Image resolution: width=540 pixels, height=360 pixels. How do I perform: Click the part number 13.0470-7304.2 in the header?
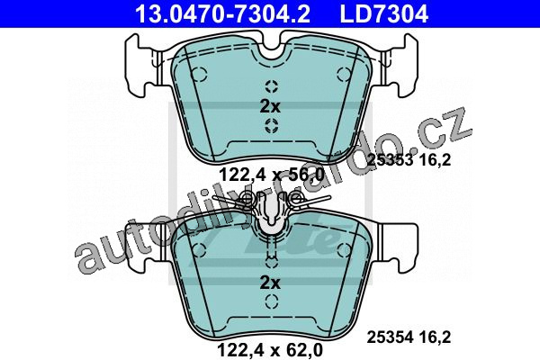[223, 13]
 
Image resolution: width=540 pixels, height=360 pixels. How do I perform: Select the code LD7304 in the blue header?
[384, 13]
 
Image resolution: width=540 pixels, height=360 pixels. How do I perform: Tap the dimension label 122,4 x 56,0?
[272, 175]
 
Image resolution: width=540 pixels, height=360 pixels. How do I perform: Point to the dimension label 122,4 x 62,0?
[270, 350]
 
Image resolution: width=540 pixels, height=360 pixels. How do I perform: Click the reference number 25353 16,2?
[409, 159]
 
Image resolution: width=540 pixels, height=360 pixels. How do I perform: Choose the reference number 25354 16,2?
[409, 337]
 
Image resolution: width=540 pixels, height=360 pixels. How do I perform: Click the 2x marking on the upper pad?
[270, 106]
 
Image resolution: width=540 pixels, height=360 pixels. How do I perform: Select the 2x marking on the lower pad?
[270, 283]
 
